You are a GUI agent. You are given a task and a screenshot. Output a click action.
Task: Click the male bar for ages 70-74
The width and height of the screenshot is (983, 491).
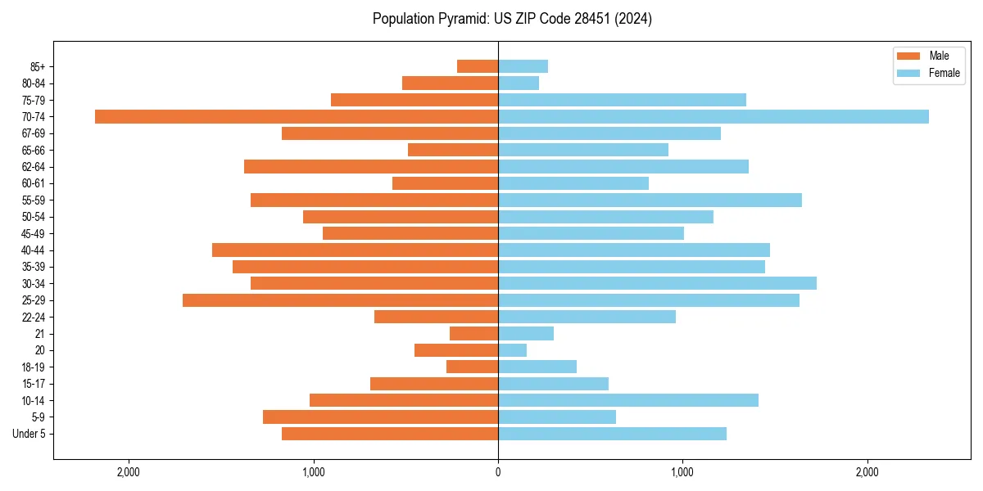(297, 116)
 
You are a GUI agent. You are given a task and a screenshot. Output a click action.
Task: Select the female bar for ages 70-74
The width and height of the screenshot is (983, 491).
(713, 116)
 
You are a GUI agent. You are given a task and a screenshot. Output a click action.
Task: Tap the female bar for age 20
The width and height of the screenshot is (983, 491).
(512, 350)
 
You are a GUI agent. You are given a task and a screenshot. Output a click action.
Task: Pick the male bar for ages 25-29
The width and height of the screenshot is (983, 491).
(340, 300)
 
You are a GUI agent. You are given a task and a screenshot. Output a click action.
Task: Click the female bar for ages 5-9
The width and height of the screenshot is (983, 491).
(557, 417)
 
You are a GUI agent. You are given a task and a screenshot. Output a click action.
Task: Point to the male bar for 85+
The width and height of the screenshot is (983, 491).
(478, 66)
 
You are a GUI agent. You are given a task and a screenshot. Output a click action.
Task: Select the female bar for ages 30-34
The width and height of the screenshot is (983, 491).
(657, 283)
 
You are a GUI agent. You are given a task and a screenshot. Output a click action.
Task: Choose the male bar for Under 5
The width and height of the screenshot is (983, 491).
(390, 434)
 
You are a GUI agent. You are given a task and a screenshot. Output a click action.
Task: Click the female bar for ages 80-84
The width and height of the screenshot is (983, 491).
(519, 83)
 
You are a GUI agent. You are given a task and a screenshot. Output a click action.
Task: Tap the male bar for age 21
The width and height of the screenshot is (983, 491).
(474, 334)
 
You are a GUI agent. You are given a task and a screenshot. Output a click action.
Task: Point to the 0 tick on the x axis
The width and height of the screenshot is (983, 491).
(498, 472)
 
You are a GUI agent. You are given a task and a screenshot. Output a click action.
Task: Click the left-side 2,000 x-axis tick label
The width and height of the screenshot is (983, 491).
(129, 472)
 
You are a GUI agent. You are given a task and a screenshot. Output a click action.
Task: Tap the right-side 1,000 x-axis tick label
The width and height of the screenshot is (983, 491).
(682, 472)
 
